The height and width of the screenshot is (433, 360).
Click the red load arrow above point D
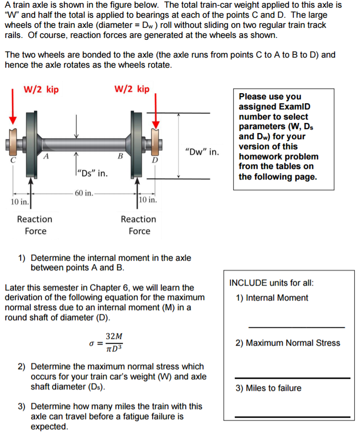(x=156, y=108)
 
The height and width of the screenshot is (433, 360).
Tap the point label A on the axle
(x=46, y=155)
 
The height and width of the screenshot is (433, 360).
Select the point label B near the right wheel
(x=120, y=156)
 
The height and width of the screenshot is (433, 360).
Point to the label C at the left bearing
(x=13, y=160)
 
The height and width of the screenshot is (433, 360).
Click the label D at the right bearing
(x=155, y=159)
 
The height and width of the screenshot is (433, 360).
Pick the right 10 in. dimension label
(x=148, y=200)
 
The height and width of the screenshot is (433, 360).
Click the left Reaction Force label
(x=35, y=225)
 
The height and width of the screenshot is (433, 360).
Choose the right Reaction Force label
(x=139, y=225)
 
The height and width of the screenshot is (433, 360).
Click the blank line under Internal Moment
(x=296, y=327)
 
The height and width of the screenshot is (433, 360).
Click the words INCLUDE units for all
(x=271, y=282)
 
